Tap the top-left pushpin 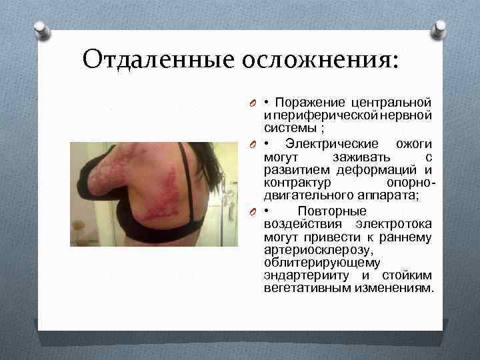pos(41,29)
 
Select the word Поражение pos(309,103)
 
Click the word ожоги pos(414,144)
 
